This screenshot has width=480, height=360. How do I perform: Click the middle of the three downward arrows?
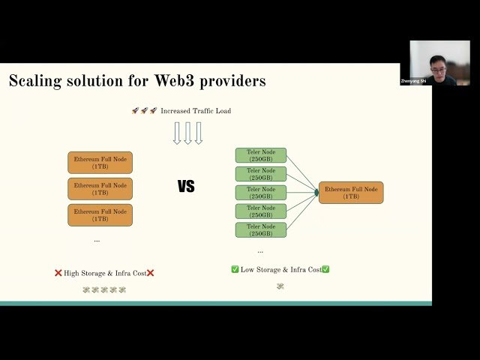[x=187, y=133]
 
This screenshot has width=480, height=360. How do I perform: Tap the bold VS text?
[x=186, y=187]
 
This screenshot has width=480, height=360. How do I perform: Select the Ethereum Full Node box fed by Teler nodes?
[x=350, y=193]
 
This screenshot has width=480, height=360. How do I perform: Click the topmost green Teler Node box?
[x=261, y=155]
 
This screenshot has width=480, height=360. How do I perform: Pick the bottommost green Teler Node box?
[x=261, y=230]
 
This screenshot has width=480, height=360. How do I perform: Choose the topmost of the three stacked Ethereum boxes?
[x=100, y=163]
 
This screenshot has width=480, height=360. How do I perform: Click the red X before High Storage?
[x=58, y=273]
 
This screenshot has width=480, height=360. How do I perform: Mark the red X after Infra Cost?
[x=150, y=273]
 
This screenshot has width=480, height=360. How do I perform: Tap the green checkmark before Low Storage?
[x=235, y=269]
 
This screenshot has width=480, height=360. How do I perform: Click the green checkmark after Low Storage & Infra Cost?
[x=325, y=269]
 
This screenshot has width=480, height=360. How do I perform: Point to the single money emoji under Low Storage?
[x=280, y=286]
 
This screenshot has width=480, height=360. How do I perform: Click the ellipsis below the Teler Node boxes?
[x=260, y=251]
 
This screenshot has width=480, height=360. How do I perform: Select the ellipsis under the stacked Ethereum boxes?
[x=97, y=240]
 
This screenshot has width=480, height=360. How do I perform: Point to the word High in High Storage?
[x=71, y=273]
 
